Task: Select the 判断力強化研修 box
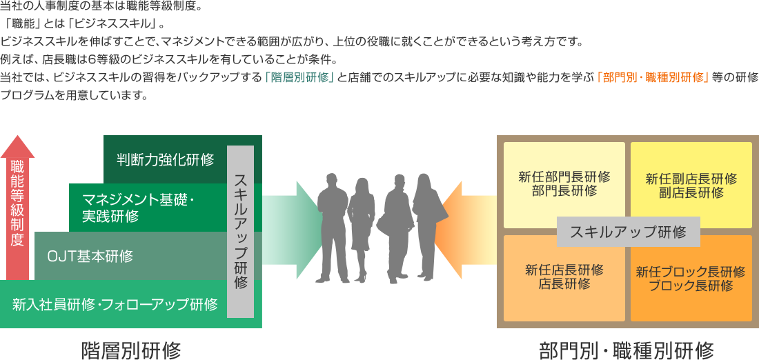(x=166, y=159)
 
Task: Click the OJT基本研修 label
(x=90, y=256)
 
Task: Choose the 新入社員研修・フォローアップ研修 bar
(x=115, y=304)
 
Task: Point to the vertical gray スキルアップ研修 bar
(x=240, y=231)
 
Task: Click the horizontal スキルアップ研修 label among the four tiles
(x=628, y=232)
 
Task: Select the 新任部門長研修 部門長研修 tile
(x=564, y=183)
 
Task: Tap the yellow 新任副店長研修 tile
(x=691, y=185)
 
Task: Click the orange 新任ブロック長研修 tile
(x=691, y=277)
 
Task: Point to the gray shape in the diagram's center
(x=376, y=228)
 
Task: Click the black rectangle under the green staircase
(x=131, y=350)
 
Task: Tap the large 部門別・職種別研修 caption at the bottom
(x=627, y=350)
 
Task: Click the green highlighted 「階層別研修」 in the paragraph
(x=299, y=77)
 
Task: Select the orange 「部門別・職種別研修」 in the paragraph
(x=653, y=77)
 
